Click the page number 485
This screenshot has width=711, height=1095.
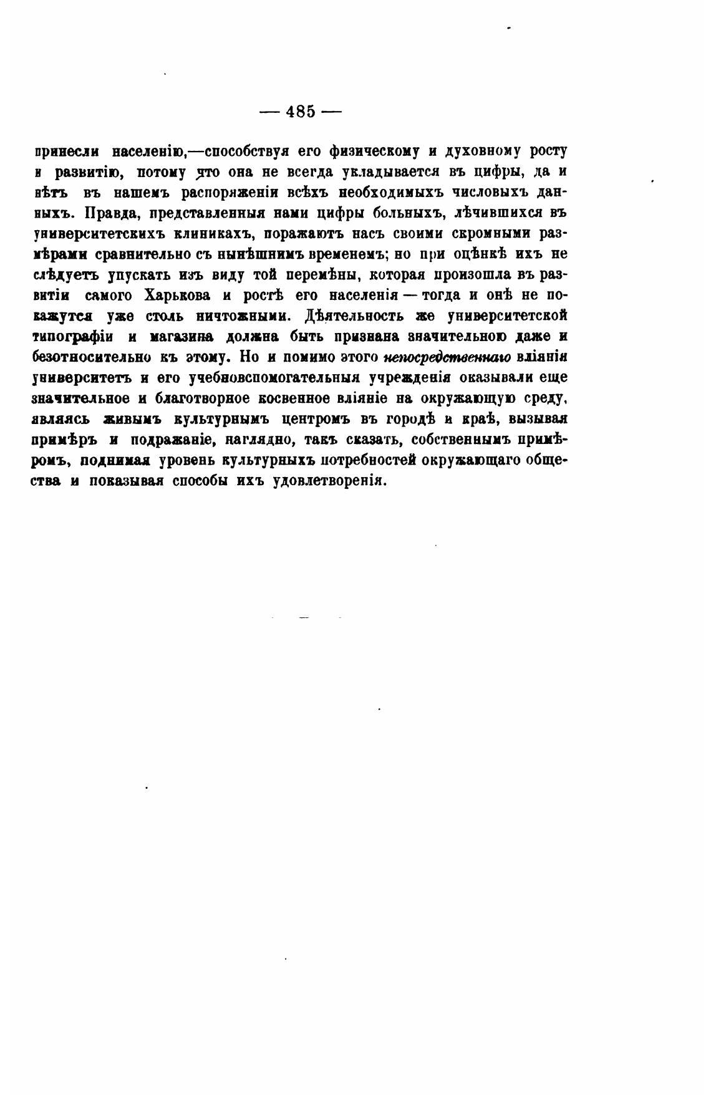tap(301, 112)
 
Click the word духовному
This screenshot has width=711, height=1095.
tap(481, 152)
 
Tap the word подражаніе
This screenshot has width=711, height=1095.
tap(172, 440)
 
